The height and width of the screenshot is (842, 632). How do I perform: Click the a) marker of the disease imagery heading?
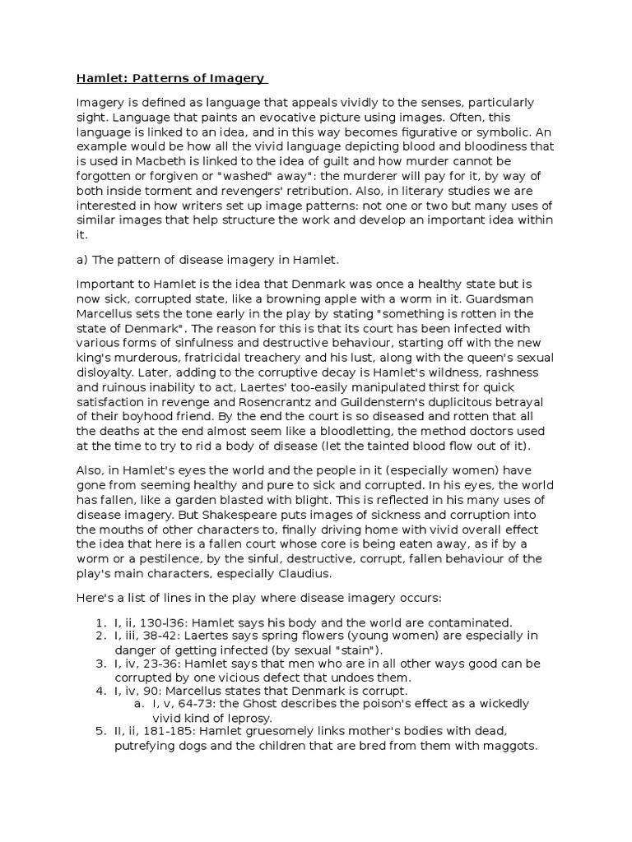[x=83, y=259]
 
